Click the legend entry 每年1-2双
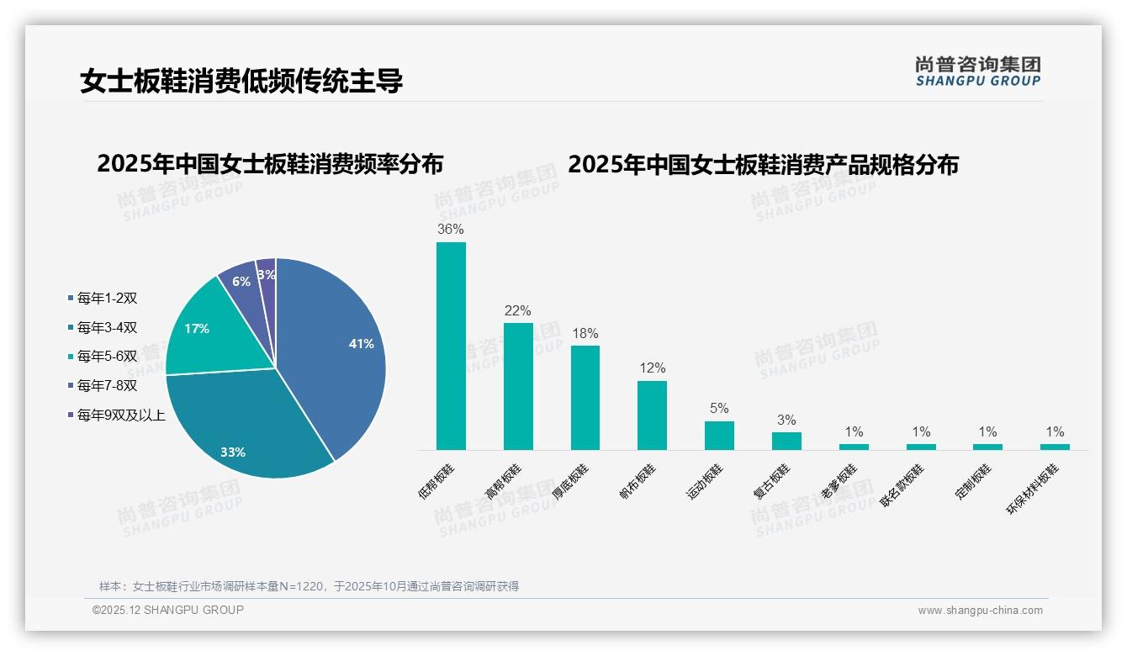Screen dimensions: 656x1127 (x=107, y=298)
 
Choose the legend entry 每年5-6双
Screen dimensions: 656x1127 (x=107, y=356)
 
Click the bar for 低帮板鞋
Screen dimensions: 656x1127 (x=451, y=346)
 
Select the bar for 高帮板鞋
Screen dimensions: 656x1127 (x=518, y=386)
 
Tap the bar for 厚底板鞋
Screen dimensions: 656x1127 (x=585, y=397)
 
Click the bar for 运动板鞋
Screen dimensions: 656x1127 (x=719, y=435)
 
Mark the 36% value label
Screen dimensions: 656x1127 (x=451, y=229)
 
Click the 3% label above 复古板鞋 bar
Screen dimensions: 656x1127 (x=786, y=421)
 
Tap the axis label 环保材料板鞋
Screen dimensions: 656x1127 (x=1034, y=488)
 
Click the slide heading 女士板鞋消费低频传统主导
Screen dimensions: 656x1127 (x=241, y=82)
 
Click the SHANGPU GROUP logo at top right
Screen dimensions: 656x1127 (x=977, y=71)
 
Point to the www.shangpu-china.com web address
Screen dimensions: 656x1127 (x=980, y=611)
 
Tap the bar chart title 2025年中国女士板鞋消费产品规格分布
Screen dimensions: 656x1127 (x=763, y=165)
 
